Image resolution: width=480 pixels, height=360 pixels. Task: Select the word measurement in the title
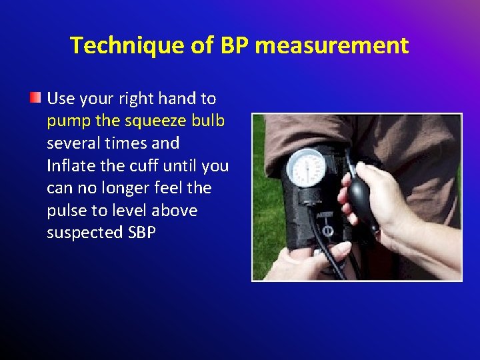click(331, 45)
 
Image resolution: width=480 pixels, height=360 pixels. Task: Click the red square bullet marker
click(35, 99)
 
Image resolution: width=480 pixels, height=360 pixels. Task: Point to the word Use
click(61, 99)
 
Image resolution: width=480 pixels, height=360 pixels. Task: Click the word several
click(73, 143)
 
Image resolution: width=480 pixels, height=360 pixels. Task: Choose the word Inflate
click(71, 165)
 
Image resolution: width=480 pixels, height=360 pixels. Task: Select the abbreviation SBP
click(140, 233)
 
